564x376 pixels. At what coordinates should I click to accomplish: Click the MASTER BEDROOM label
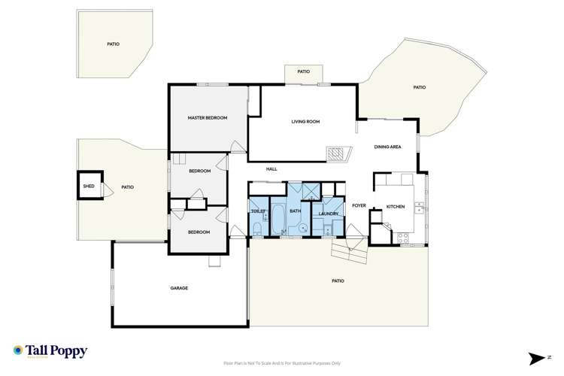pyautogui.click(x=207, y=118)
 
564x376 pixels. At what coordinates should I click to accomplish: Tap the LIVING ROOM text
pyautogui.click(x=306, y=121)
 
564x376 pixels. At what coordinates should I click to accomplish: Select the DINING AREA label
pyautogui.click(x=388, y=147)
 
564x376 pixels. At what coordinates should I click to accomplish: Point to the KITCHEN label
pyautogui.click(x=396, y=206)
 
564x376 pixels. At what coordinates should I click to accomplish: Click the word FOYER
pyautogui.click(x=359, y=205)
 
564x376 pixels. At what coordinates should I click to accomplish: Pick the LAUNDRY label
pyautogui.click(x=329, y=214)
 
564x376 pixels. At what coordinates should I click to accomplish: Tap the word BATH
pyautogui.click(x=296, y=211)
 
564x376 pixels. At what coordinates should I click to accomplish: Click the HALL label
pyautogui.click(x=271, y=169)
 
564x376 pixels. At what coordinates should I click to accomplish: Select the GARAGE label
pyautogui.click(x=179, y=288)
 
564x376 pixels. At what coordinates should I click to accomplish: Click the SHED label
pyautogui.click(x=89, y=186)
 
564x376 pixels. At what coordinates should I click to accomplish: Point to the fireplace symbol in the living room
pyautogui.click(x=336, y=154)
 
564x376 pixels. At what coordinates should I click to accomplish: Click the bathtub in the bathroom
pyautogui.click(x=277, y=218)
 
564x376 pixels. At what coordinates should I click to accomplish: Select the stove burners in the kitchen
pyautogui.click(x=402, y=238)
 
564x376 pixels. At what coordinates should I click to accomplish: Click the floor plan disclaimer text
pyautogui.click(x=282, y=362)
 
